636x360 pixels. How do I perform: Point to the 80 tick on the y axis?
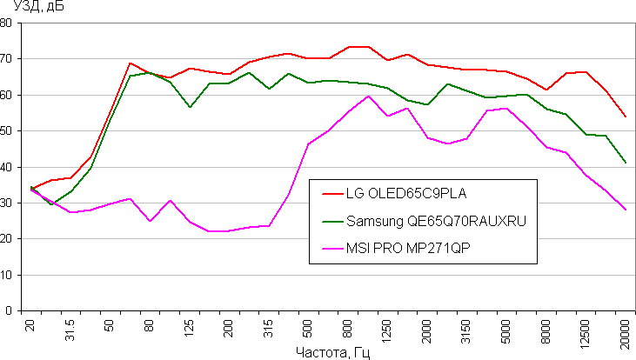pos(7,23)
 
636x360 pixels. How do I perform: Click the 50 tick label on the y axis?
pos(7,130)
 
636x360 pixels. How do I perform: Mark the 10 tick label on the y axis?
pos(7,275)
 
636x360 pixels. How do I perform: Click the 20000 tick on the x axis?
pos(625,331)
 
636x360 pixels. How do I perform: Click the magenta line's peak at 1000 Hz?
pos(368,96)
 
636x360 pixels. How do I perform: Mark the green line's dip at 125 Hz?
pos(190,107)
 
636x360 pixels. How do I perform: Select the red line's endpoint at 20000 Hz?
pos(625,117)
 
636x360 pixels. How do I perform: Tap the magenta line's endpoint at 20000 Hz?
pos(625,210)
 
